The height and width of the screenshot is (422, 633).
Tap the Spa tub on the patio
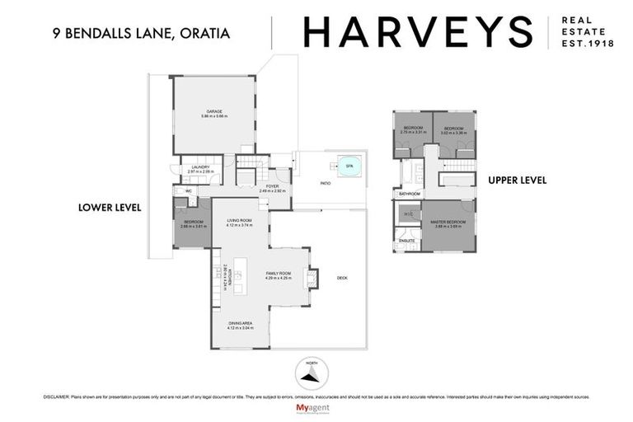click(349, 165)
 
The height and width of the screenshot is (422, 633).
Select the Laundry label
click(201, 168)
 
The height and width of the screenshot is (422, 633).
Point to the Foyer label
click(271, 186)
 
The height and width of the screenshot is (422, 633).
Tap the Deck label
click(342, 278)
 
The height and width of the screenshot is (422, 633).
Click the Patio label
click(326, 183)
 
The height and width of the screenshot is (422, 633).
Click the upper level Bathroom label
click(410, 194)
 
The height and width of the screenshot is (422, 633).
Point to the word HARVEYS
click(417, 32)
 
